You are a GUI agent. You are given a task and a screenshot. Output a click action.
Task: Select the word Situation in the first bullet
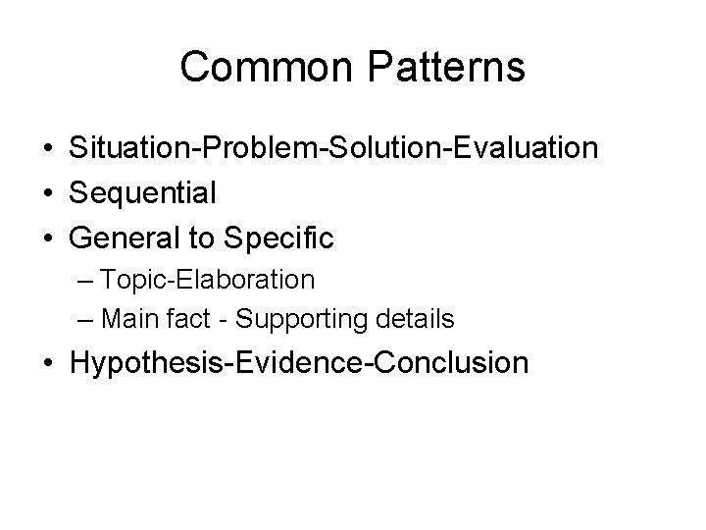click(x=131, y=148)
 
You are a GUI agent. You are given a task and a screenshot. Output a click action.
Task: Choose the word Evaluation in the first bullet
click(x=520, y=148)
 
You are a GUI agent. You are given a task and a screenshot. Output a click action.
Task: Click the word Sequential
click(x=143, y=193)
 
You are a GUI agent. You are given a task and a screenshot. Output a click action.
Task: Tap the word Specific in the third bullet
click(x=278, y=238)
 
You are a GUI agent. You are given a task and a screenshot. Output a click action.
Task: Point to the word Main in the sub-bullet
click(x=125, y=319)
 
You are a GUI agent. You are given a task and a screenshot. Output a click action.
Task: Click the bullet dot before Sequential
click(x=47, y=193)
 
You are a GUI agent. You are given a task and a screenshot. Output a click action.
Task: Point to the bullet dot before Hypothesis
click(x=47, y=363)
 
